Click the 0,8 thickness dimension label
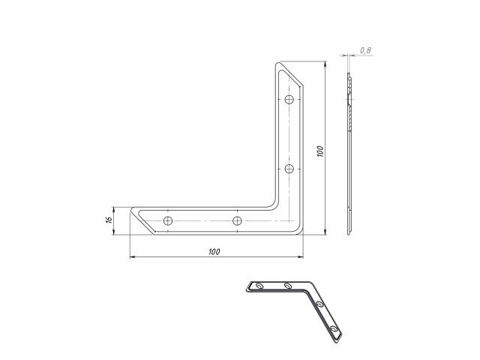tap(365, 49)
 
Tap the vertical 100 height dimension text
tap(319, 150)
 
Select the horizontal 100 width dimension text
tap(216, 251)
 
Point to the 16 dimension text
tap(109, 220)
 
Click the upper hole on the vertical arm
tap(291, 100)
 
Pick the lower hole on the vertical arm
tap(291, 167)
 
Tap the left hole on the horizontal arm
tap(169, 220)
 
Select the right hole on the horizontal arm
tap(237, 220)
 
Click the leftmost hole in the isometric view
tap(259, 286)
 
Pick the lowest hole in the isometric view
tap(333, 330)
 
